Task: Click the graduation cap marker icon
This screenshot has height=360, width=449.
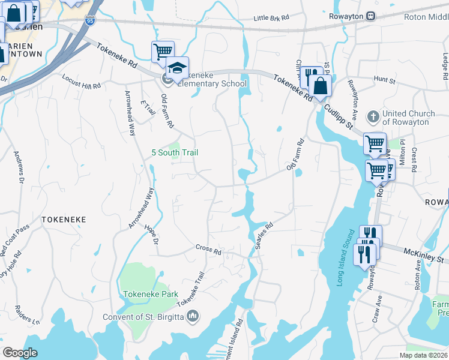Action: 178,68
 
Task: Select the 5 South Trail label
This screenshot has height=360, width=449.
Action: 174,153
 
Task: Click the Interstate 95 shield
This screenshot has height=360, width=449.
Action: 89,20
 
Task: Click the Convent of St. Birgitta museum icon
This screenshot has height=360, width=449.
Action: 193,316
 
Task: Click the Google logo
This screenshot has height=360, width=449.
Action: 20,353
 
